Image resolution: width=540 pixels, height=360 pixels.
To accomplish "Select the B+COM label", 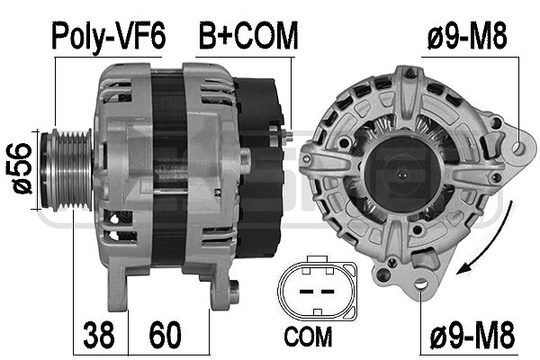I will pos(247,35).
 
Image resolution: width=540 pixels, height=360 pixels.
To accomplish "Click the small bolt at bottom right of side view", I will pos(235,290).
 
